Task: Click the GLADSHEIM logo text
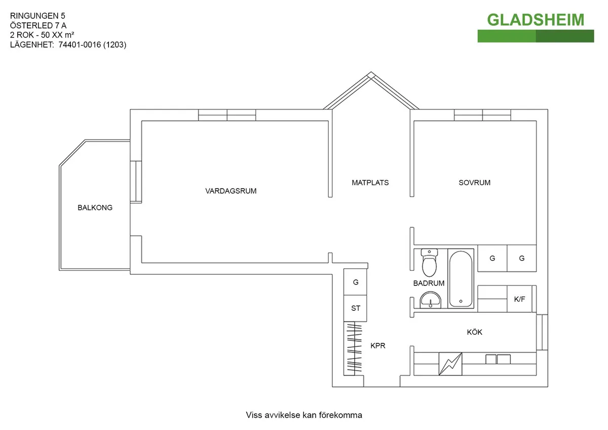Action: click(x=536, y=20)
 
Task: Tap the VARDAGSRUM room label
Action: click(x=231, y=191)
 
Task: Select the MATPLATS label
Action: click(x=370, y=183)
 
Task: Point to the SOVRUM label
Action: click(x=475, y=183)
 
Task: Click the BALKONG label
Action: click(x=95, y=207)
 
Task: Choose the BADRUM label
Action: click(x=429, y=283)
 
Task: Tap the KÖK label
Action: click(x=475, y=333)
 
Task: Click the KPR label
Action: click(x=378, y=346)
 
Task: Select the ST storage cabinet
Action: click(x=356, y=308)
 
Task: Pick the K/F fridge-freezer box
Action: click(x=520, y=299)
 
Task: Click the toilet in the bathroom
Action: click(x=430, y=261)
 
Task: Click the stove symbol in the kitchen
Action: click(x=450, y=364)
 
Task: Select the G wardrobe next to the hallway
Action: click(x=356, y=282)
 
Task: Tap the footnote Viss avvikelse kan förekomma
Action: click(x=304, y=415)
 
